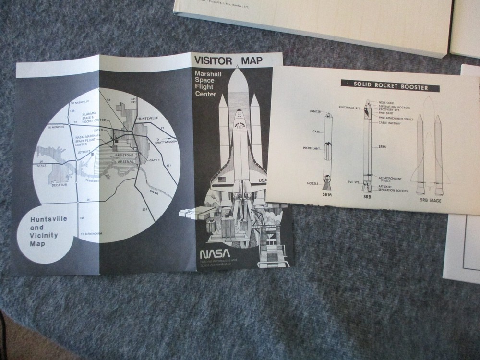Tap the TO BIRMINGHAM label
92,234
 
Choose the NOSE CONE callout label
386,102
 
